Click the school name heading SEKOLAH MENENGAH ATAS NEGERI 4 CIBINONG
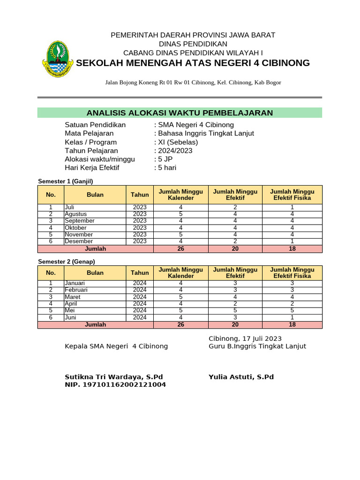[x=193, y=63]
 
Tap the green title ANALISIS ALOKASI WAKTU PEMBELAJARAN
[x=180, y=112]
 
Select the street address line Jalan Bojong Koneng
[x=193, y=82]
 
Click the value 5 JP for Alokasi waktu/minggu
[x=165, y=159]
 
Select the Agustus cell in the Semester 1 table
[x=76, y=214]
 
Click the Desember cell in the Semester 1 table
[x=79, y=241]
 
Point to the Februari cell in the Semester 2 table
[x=76, y=290]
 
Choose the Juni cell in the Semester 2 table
[x=71, y=317]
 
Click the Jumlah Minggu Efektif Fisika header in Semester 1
[x=292, y=195]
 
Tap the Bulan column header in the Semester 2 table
[x=95, y=273]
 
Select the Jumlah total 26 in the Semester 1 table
[x=180, y=249]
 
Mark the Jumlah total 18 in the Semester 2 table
[x=292, y=324]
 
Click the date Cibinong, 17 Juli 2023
[x=245, y=338]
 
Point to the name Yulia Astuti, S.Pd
[x=241, y=377]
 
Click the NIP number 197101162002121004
[x=115, y=385]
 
